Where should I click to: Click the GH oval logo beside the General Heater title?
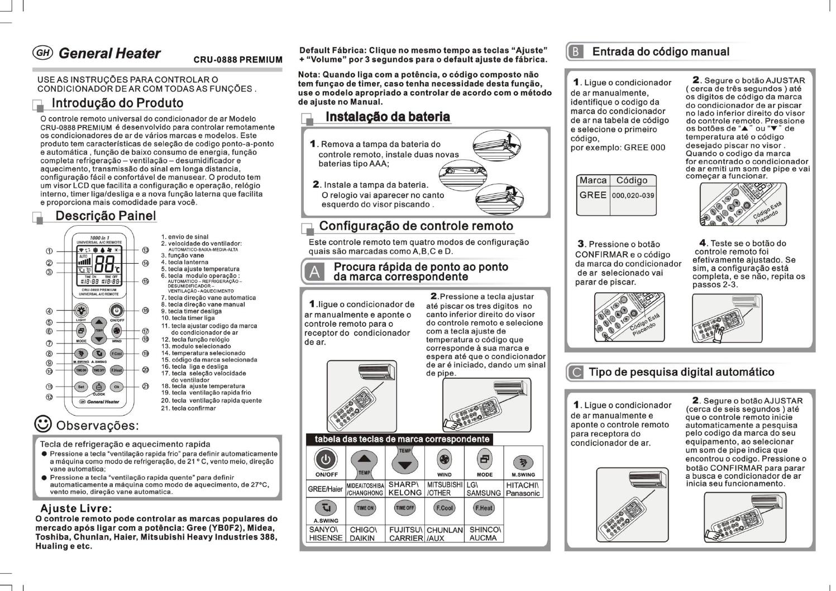coord(43,53)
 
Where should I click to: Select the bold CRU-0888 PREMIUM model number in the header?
coord(238,60)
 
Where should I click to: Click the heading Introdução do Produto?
coord(117,103)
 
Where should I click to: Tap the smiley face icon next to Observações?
coord(43,424)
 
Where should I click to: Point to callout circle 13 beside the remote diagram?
coord(145,250)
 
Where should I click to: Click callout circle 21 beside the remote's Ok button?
coord(145,386)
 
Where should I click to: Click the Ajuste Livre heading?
coord(76,508)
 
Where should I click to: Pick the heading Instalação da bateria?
coord(388,117)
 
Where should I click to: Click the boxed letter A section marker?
coord(314,272)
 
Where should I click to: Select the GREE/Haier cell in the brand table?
coord(326,489)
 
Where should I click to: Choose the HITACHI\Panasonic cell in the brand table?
coord(523,489)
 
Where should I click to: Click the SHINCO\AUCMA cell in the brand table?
coord(484,533)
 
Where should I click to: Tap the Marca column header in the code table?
coord(593,180)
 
